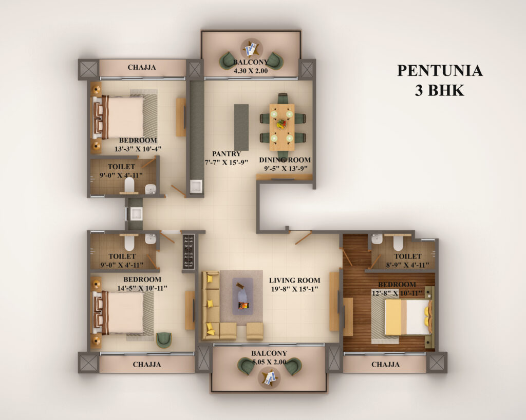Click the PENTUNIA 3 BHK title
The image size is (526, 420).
coord(440,81)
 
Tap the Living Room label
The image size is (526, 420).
coord(294,280)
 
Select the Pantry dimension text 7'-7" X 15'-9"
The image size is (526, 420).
coord(227,163)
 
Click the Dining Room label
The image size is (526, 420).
coord(285,160)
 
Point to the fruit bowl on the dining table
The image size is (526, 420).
coord(281,124)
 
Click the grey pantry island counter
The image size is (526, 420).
coord(241,127)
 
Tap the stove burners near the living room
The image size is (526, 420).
coord(189,251)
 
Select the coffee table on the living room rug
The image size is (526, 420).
coord(242,296)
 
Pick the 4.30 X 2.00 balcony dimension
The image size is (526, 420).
coord(251,71)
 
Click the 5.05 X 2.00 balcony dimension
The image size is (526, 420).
coord(269,362)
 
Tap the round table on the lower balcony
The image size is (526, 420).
coord(270,378)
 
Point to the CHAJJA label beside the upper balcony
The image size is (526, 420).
coord(142,67)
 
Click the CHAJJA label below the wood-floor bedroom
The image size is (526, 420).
coord(385,365)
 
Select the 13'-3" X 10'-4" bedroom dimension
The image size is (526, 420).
coord(138,149)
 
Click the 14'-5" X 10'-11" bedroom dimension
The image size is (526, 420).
coord(142,288)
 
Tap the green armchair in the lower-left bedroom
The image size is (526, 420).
coord(164,340)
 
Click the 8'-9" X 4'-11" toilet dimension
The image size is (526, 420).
coord(407,265)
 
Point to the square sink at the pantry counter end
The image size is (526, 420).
coord(196,187)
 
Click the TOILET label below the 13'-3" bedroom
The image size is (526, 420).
coord(121,167)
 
